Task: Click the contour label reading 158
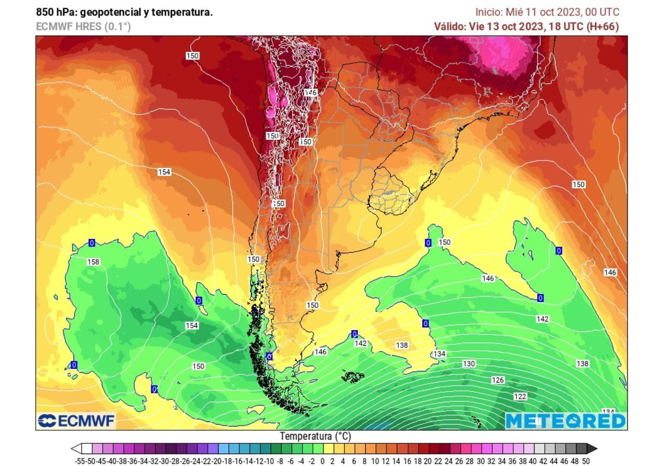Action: (x=93, y=262)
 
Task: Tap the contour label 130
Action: (x=469, y=364)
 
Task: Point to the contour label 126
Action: (x=498, y=380)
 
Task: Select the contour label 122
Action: (x=520, y=396)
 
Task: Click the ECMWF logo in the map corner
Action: (x=76, y=421)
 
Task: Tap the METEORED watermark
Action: (x=565, y=421)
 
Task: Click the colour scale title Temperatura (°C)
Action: (x=315, y=436)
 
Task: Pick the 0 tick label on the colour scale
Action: (x=322, y=461)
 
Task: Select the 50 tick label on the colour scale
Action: (x=585, y=461)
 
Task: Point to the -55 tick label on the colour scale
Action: (x=79, y=461)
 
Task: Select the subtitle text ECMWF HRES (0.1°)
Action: (x=83, y=26)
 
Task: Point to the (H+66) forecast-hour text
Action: (x=602, y=26)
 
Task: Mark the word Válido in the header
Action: (x=449, y=26)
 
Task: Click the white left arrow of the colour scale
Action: (x=76, y=448)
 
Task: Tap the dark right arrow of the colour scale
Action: (x=592, y=448)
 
